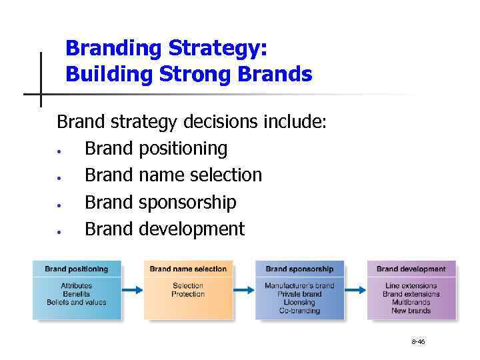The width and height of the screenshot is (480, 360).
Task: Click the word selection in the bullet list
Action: point(225,175)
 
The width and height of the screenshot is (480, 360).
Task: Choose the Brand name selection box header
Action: point(188,269)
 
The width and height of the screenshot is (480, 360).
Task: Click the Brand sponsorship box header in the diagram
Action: point(299,269)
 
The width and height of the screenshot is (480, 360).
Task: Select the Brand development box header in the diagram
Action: point(411,269)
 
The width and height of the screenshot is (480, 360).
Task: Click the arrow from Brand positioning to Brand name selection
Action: point(133,289)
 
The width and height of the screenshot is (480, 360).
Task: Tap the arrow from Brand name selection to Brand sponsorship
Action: point(244,289)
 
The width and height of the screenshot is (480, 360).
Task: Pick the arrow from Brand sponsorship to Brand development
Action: point(355,289)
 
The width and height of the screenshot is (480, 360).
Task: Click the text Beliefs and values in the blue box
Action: point(76,302)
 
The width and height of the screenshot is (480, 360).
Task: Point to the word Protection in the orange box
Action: point(188,294)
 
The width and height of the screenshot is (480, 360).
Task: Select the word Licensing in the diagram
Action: point(299,302)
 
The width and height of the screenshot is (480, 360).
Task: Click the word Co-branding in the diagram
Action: point(299,310)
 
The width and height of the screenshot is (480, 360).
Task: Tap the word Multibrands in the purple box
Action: point(411,302)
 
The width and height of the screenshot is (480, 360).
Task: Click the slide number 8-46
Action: point(418,341)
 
